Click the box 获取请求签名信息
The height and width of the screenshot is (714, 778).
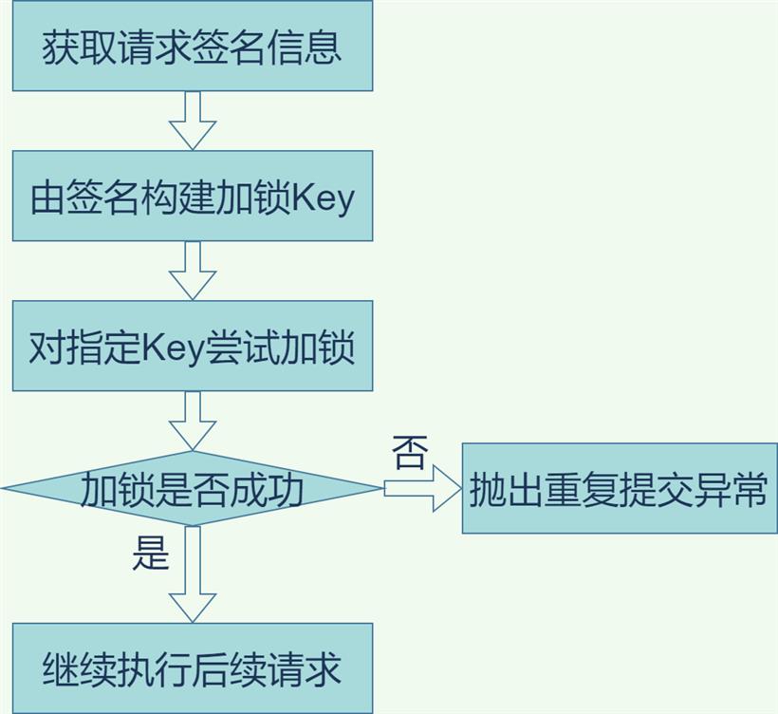(x=193, y=46)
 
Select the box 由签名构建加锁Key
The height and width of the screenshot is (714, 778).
(x=193, y=196)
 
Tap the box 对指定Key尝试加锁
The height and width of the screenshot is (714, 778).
(x=193, y=346)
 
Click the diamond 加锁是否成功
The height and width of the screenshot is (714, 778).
(x=193, y=489)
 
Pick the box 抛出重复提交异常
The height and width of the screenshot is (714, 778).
(x=621, y=489)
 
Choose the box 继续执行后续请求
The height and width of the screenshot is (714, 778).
(x=193, y=668)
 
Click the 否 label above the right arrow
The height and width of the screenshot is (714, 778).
(x=410, y=453)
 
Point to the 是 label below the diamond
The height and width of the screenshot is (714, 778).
(x=151, y=554)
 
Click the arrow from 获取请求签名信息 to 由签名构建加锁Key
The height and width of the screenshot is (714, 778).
(x=193, y=121)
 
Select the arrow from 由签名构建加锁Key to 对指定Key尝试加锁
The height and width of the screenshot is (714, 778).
(x=193, y=271)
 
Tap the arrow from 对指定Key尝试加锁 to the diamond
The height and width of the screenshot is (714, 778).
(x=193, y=421)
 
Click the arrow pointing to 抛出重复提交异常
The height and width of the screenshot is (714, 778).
(x=423, y=489)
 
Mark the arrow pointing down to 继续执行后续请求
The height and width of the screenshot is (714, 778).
(x=193, y=574)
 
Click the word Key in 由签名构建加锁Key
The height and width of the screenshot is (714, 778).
(x=323, y=199)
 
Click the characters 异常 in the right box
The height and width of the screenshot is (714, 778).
(x=731, y=490)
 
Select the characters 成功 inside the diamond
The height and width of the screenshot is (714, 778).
(x=267, y=490)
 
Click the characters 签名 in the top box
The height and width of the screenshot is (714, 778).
(x=229, y=47)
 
